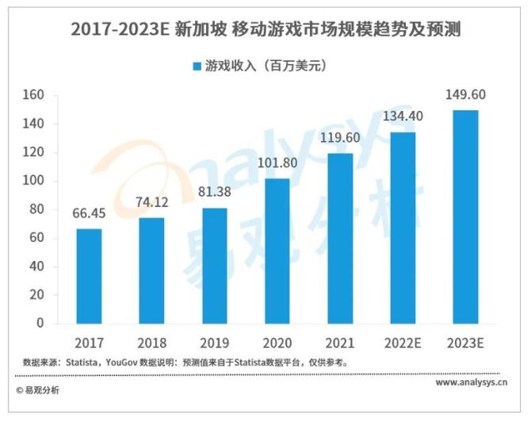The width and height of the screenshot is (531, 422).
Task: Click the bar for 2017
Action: (90, 276)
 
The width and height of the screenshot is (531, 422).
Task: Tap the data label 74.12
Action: (152, 205)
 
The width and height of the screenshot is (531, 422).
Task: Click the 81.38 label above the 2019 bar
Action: (215, 195)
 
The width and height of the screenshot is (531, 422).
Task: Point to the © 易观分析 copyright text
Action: (37, 390)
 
